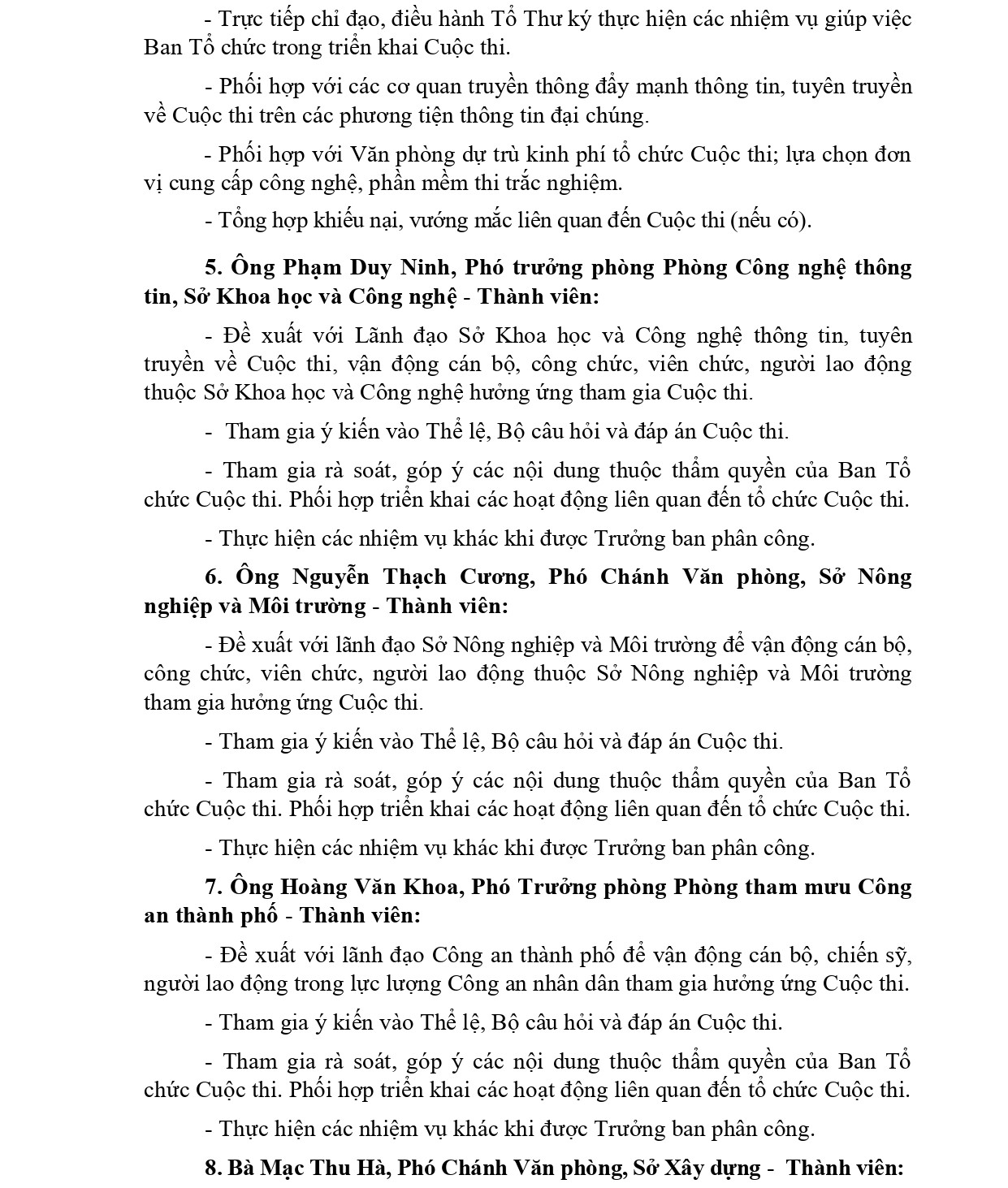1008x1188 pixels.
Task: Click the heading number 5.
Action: (213, 267)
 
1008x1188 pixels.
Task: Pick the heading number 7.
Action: (213, 887)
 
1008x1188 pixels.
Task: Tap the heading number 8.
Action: (213, 1169)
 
